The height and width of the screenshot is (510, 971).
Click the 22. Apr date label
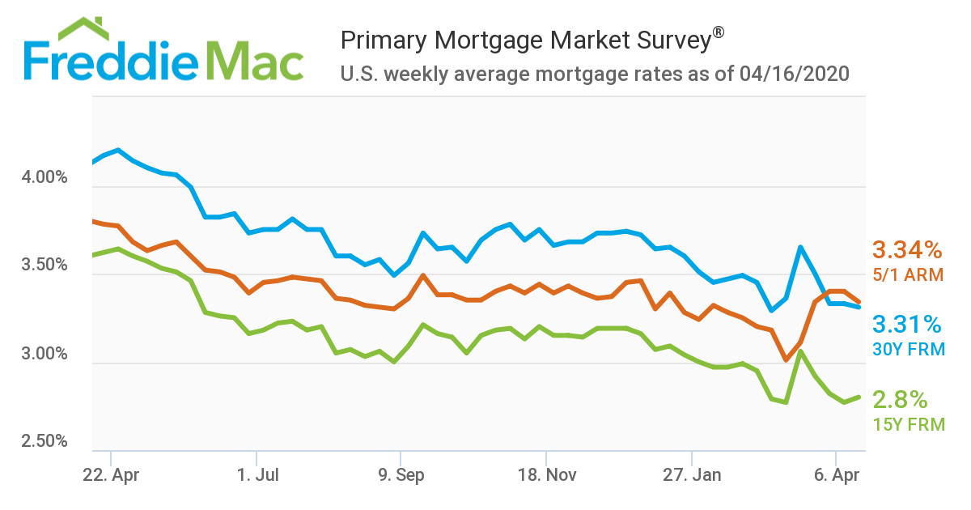111,475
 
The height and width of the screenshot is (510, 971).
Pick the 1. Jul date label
257,475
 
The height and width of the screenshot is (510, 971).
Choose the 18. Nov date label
546,475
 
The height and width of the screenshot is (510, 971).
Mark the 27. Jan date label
692,475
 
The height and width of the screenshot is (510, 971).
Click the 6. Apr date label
836,475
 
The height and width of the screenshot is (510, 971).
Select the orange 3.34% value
906,250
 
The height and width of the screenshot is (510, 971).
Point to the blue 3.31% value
906,325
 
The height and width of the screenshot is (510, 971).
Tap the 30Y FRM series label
907,350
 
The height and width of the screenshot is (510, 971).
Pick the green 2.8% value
900,399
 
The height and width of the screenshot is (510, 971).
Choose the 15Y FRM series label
908,423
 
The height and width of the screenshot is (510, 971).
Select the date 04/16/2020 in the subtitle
794,74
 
